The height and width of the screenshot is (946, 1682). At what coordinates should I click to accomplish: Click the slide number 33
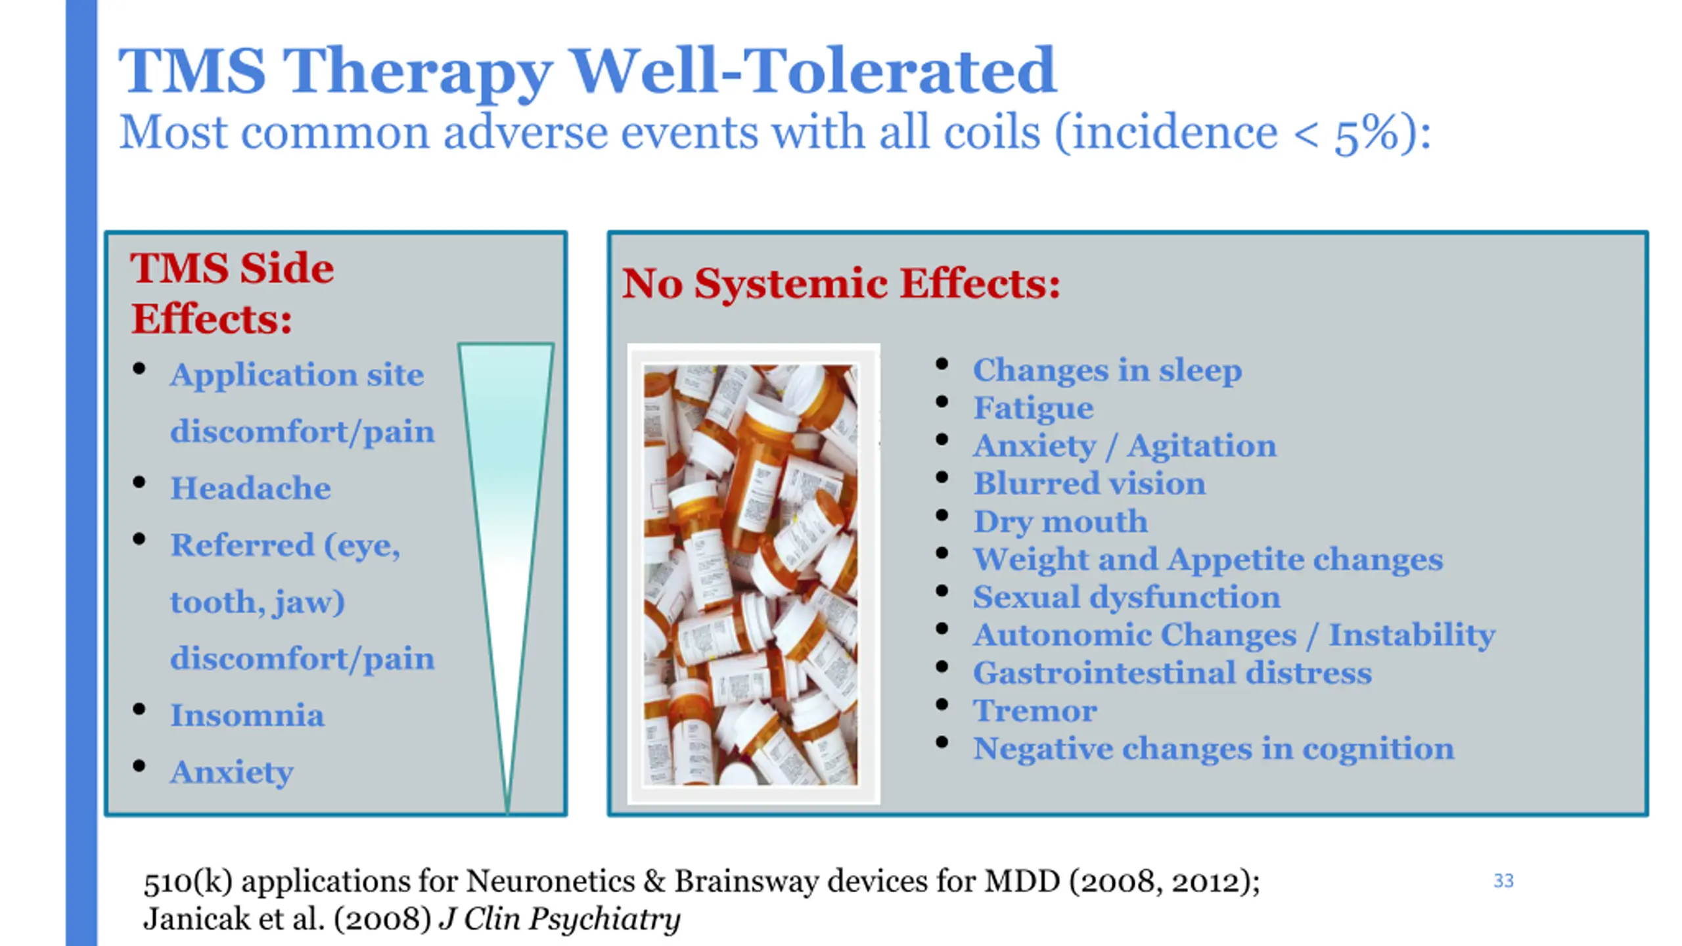1503,880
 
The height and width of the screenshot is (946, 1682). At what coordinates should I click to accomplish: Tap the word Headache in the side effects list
250,488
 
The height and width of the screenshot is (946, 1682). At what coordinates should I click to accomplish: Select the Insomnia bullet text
247,715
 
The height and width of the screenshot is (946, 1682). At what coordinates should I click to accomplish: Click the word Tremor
1035,711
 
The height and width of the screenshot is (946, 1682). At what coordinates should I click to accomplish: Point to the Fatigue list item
1033,409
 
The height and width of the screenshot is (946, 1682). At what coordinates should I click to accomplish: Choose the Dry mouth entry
1060,522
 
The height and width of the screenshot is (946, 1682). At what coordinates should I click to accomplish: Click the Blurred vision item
1089,484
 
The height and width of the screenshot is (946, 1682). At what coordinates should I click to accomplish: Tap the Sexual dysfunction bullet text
1126,598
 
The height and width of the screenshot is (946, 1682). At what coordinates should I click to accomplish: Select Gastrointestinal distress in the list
1172,673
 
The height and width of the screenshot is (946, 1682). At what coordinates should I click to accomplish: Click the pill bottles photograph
754,574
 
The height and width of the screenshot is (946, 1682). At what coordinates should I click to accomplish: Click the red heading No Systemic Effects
841,284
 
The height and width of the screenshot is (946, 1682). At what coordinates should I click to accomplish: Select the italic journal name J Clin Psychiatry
560,918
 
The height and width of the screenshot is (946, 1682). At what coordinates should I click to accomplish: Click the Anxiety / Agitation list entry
1124,446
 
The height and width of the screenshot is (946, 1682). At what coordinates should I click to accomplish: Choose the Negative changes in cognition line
1213,749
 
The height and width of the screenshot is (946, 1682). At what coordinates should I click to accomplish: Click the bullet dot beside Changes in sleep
942,364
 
